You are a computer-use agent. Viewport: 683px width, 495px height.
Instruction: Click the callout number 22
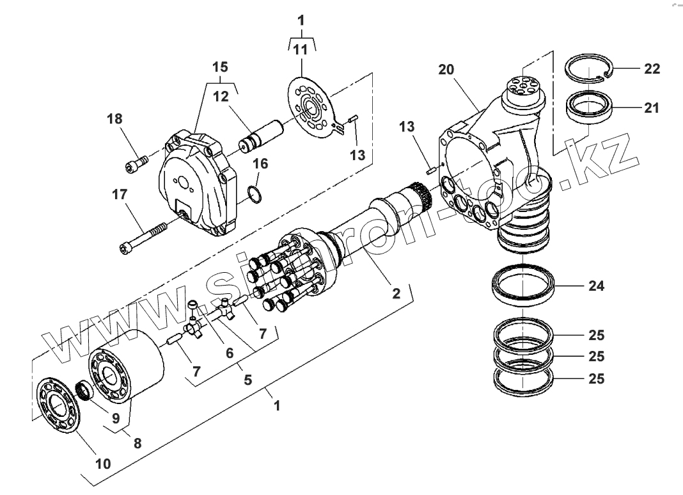pyautogui.click(x=652, y=69)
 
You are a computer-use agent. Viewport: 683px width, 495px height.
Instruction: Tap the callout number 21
pyautogui.click(x=652, y=108)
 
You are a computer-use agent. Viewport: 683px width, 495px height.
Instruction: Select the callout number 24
pyautogui.click(x=595, y=286)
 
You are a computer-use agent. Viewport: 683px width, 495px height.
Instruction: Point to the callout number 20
pyautogui.click(x=448, y=70)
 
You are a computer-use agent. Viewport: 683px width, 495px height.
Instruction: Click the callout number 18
pyautogui.click(x=115, y=118)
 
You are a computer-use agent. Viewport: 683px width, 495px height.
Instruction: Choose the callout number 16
pyautogui.click(x=260, y=164)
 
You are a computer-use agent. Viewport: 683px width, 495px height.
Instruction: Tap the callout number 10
pyautogui.click(x=103, y=463)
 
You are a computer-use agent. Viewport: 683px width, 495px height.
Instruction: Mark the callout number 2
pyautogui.click(x=396, y=293)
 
